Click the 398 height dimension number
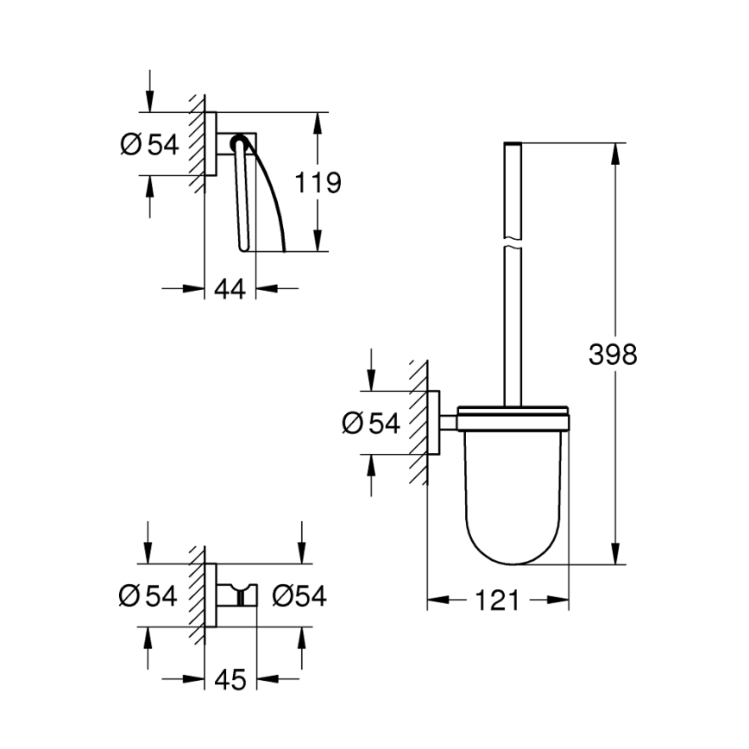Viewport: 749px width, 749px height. [x=613, y=354]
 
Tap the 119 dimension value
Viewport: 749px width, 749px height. [x=318, y=183]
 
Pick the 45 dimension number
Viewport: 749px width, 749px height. [x=230, y=680]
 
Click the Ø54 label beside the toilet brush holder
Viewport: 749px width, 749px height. [x=371, y=423]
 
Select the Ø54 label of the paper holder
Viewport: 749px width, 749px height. [x=149, y=144]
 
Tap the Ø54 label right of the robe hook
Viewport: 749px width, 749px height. [x=299, y=595]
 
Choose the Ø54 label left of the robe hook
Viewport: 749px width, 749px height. [x=148, y=595]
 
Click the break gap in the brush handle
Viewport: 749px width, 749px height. [x=513, y=242]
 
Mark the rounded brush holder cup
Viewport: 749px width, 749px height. [x=513, y=500]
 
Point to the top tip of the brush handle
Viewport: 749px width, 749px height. [x=513, y=142]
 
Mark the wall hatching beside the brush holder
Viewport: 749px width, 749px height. [x=419, y=423]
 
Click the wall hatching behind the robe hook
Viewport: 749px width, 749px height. [x=198, y=595]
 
